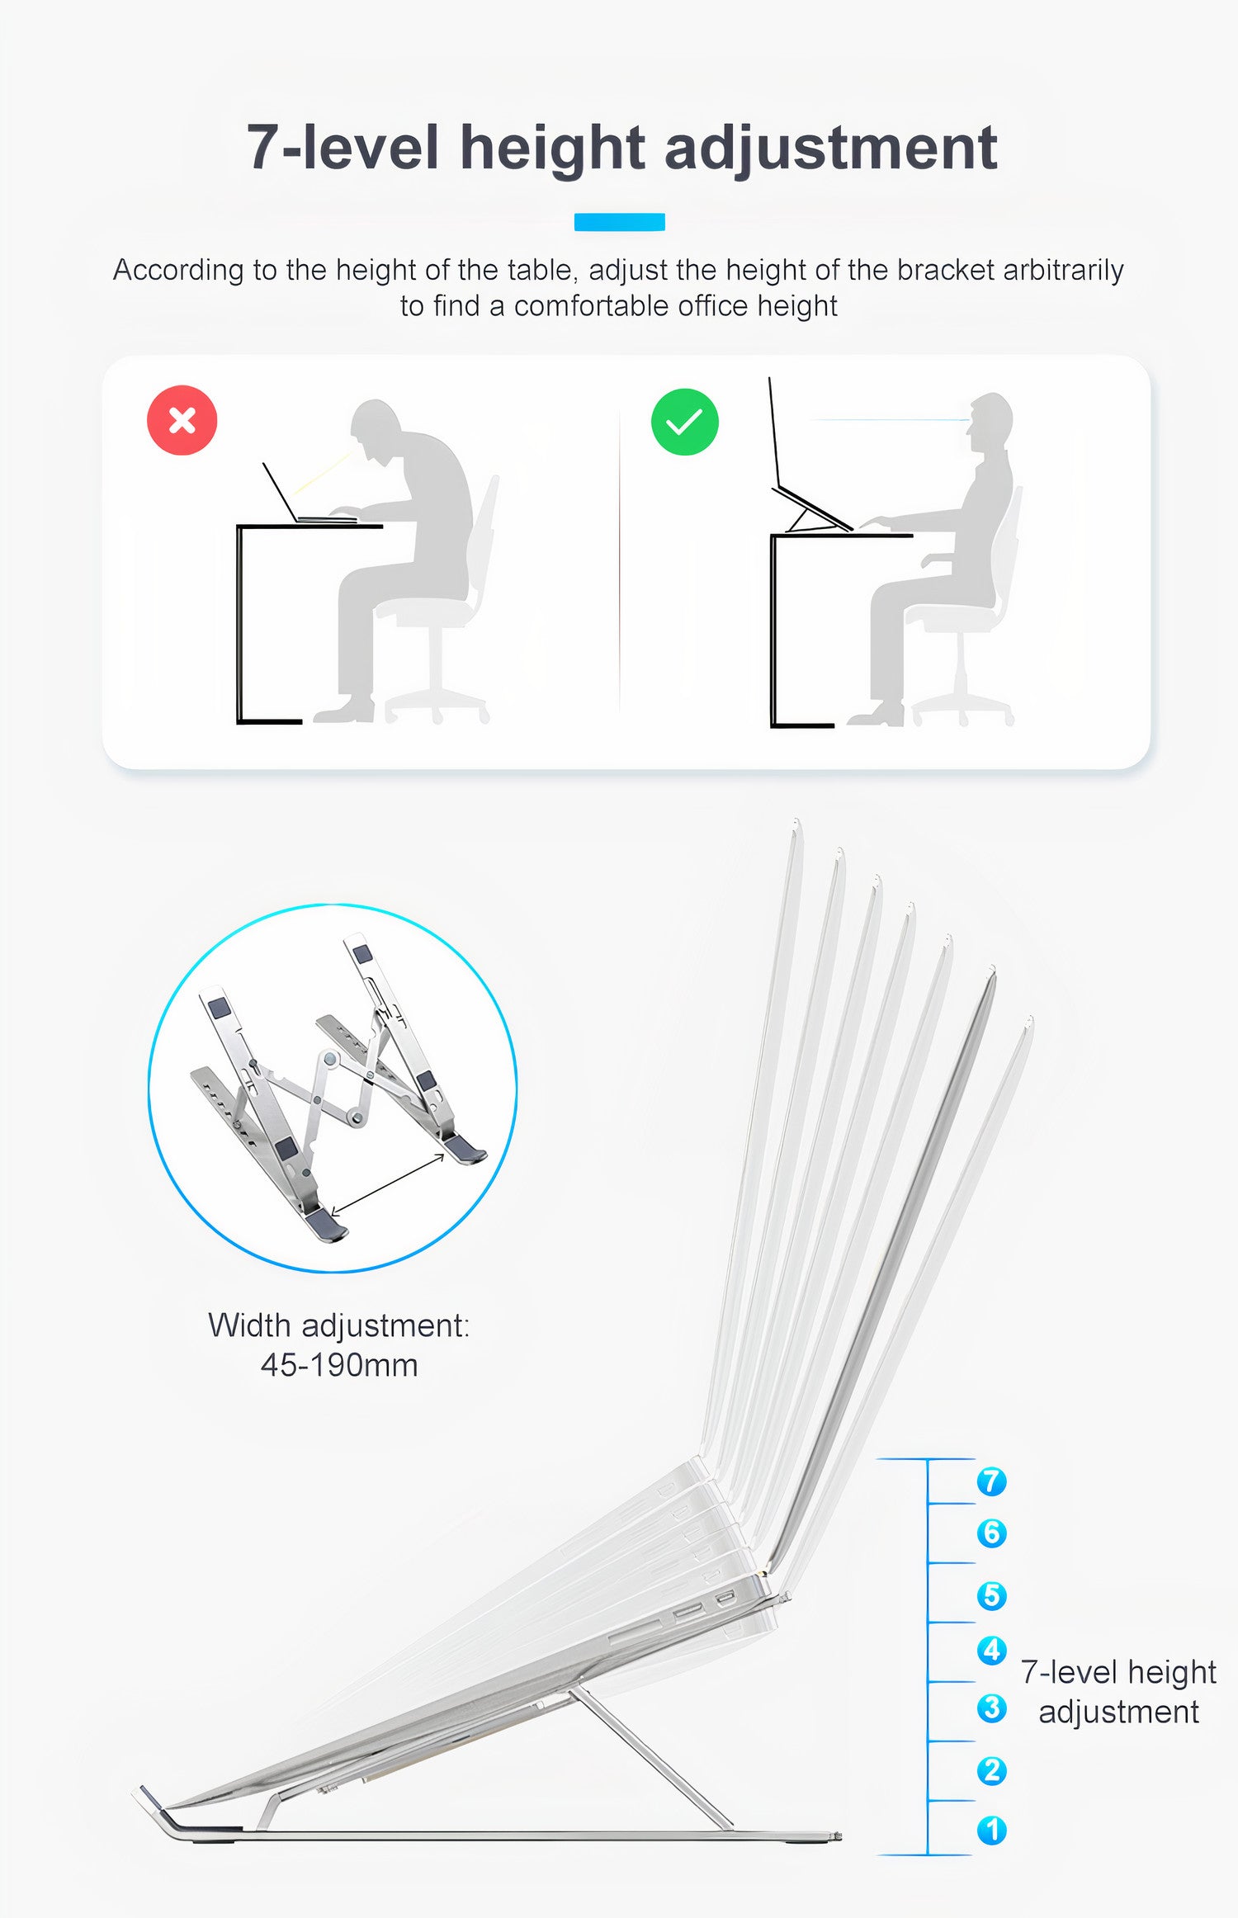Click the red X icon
click(x=182, y=420)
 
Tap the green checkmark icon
click(x=684, y=422)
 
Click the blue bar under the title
click(x=619, y=222)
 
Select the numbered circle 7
click(x=991, y=1481)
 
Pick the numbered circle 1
click(x=991, y=1830)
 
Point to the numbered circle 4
click(x=991, y=1650)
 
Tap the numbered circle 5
click(x=991, y=1595)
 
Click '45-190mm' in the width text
click(x=339, y=1364)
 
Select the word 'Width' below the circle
click(x=248, y=1325)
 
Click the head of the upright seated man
click(x=990, y=416)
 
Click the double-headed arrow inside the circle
click(x=388, y=1184)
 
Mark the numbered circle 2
click(x=991, y=1770)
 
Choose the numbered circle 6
click(x=991, y=1533)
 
